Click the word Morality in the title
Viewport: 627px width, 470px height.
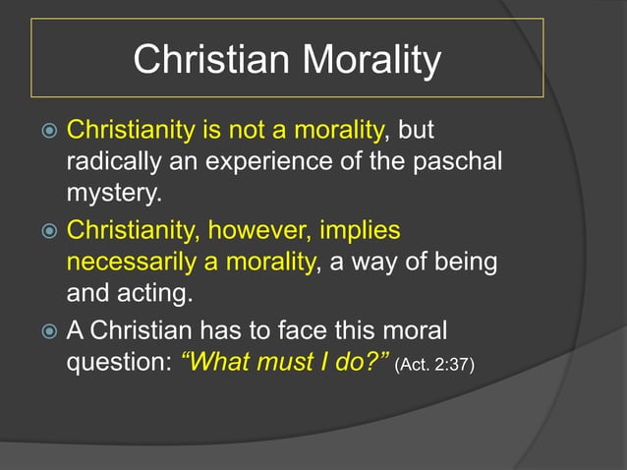click(x=372, y=61)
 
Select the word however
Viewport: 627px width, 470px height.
click(x=253, y=231)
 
